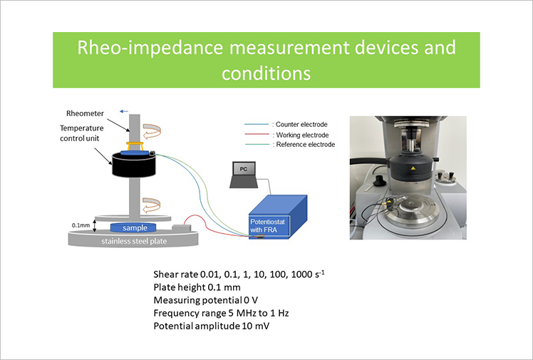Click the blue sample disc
pyautogui.click(x=133, y=227)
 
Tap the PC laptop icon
pyautogui.click(x=244, y=175)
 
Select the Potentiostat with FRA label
pyautogui.click(x=267, y=226)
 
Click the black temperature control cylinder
pyautogui.click(x=134, y=165)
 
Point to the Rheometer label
pyautogui.click(x=85, y=113)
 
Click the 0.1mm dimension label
pyautogui.click(x=81, y=225)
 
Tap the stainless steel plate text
pyautogui.click(x=134, y=242)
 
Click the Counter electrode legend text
pyautogui.click(x=301, y=125)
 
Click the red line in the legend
pyautogui.click(x=257, y=134)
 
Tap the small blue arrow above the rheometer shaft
pyautogui.click(x=124, y=111)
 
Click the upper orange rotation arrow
pyautogui.click(x=152, y=131)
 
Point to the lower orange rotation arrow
pyautogui.click(x=151, y=205)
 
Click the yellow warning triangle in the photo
pyautogui.click(x=413, y=168)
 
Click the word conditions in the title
pyautogui.click(x=266, y=73)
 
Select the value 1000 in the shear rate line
pyautogui.click(x=301, y=274)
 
